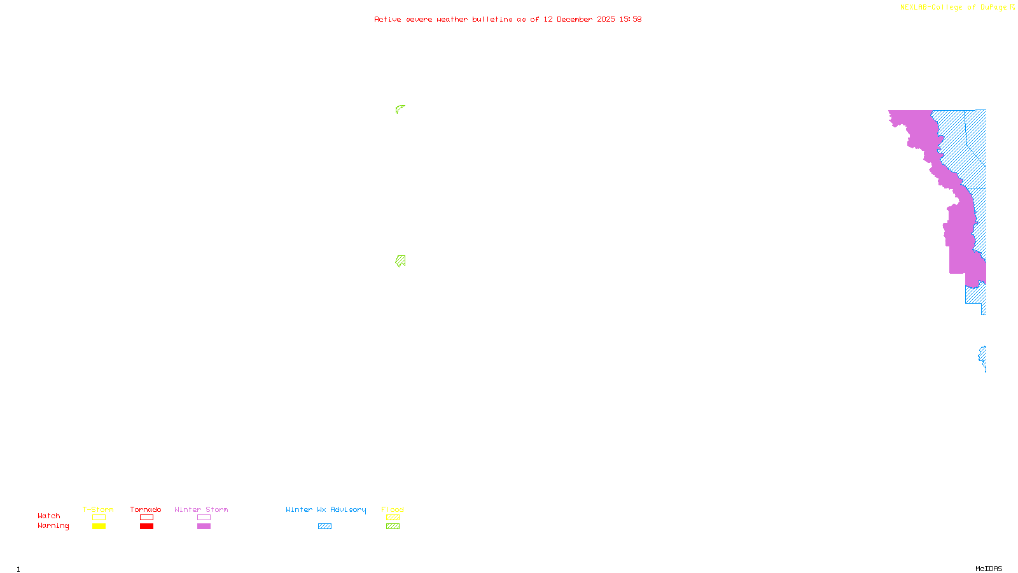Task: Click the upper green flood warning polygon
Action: click(x=399, y=109)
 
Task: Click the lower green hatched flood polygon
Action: click(x=400, y=260)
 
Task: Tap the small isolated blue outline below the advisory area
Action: click(x=983, y=358)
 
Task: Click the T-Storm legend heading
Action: click(x=98, y=509)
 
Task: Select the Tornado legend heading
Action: click(x=146, y=509)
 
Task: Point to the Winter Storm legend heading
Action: click(x=201, y=509)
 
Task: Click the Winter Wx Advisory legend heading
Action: click(x=326, y=509)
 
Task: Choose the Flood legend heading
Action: click(x=393, y=509)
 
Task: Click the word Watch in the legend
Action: click(x=49, y=516)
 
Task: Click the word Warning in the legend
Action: click(x=53, y=526)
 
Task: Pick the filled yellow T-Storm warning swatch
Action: click(x=99, y=527)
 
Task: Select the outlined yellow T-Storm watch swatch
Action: click(x=99, y=518)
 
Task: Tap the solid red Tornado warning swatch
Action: click(x=146, y=527)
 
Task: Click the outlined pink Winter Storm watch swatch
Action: click(x=204, y=518)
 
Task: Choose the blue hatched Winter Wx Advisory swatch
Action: click(x=324, y=527)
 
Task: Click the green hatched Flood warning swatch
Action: click(x=393, y=527)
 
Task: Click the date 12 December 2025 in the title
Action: click(x=579, y=19)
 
